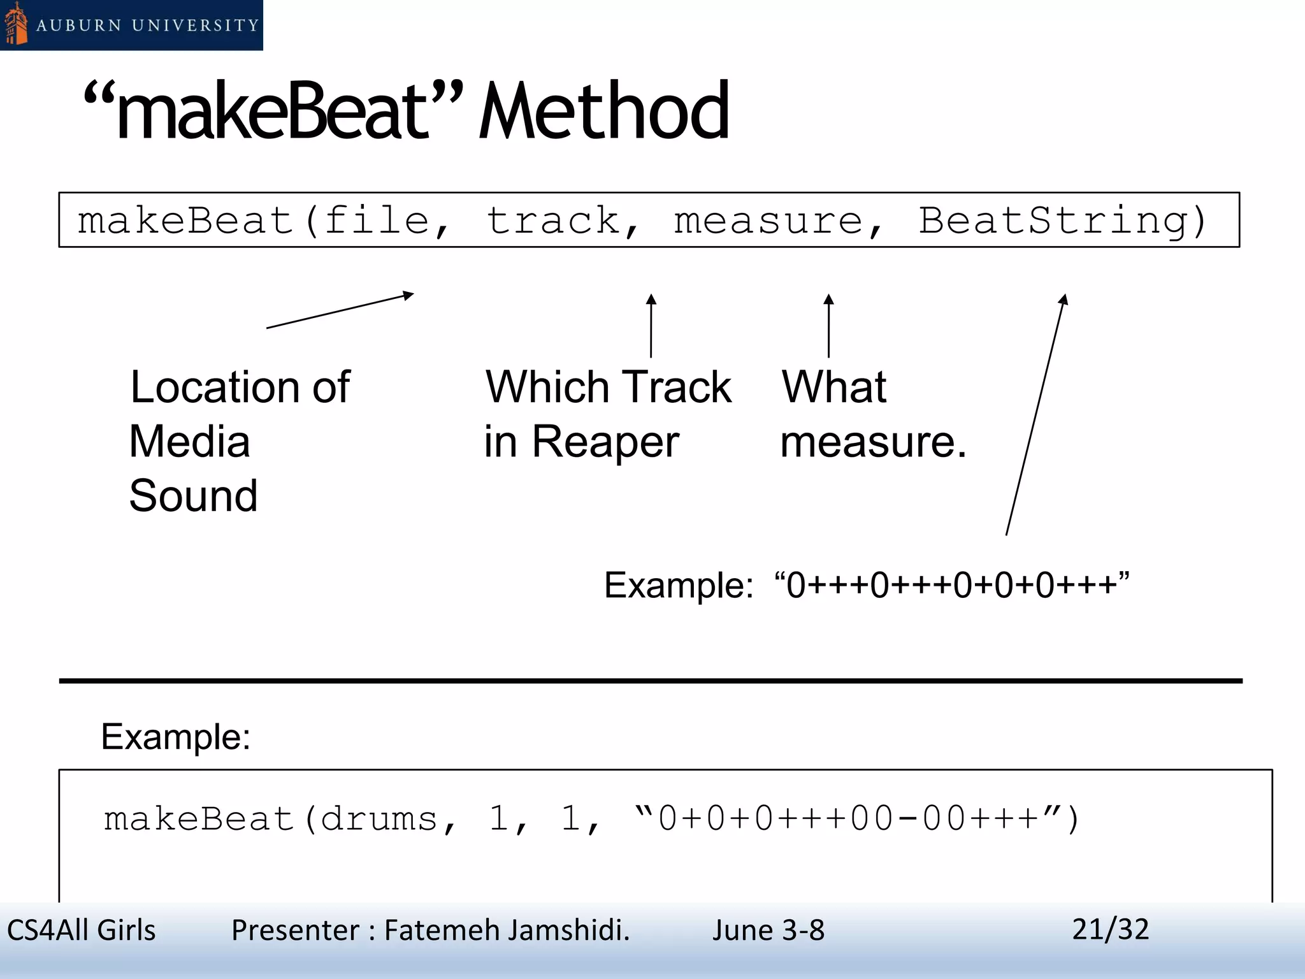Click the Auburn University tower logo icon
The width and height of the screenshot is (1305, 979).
pos(16,24)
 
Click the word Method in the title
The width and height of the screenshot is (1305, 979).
pos(603,112)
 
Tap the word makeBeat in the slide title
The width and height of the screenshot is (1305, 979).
pos(271,112)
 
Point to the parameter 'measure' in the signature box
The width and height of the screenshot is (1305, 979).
pos(768,221)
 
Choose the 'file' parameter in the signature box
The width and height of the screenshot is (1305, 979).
pos(377,221)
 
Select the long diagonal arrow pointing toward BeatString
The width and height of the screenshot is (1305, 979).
pos(1035,414)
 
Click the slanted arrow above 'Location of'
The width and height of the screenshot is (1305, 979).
pos(340,310)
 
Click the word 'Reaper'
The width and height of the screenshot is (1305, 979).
pos(605,442)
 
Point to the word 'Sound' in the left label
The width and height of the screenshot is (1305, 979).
pos(193,496)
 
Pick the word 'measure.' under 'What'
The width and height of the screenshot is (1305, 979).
pos(873,442)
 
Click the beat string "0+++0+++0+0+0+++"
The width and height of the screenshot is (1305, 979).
pos(952,584)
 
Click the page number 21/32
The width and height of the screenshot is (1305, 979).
pos(1110,929)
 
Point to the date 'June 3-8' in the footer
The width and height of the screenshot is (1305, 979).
pos(768,930)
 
